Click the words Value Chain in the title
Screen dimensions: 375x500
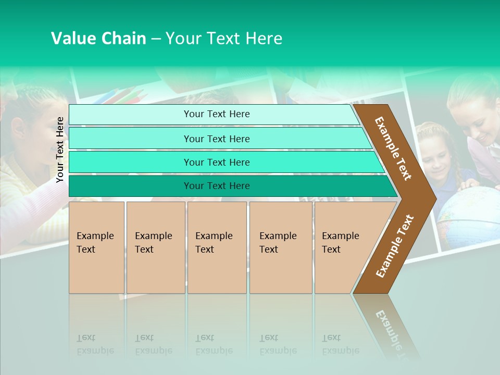pos(98,39)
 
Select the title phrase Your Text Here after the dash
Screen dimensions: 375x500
pos(224,39)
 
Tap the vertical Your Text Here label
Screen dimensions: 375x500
pos(60,149)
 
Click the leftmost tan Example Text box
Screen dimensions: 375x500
pos(96,247)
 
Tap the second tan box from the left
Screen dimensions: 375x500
pos(155,247)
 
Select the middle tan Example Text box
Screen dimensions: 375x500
pos(217,247)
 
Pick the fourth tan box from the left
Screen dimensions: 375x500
pos(280,247)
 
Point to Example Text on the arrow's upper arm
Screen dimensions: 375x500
pos(393,148)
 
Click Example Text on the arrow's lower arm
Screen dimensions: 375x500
pos(395,246)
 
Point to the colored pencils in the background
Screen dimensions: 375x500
pos(125,96)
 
